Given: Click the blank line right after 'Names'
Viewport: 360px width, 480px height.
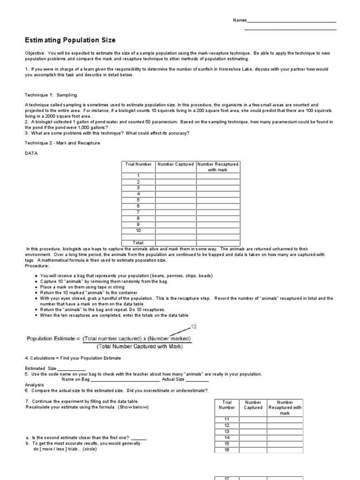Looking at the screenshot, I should [291, 22].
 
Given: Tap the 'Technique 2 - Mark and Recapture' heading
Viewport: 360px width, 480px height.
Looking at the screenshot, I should [62, 143].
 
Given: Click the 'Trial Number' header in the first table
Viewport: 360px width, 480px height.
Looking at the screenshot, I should [138, 164].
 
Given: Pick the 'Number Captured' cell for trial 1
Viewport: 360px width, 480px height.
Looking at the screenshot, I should [176, 176].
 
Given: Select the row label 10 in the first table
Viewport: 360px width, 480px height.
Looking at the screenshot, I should [138, 231].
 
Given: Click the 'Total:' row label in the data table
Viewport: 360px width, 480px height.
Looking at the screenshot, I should [138, 242].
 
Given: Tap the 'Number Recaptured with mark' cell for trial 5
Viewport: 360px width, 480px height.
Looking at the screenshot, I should [218, 200].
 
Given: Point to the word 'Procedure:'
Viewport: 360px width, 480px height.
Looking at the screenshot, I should [37, 266].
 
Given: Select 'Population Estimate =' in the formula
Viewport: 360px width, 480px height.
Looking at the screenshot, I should [53, 338].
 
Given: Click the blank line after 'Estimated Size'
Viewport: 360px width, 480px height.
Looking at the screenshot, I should [72, 369].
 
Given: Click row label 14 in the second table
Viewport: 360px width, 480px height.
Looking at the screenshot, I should [227, 438].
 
